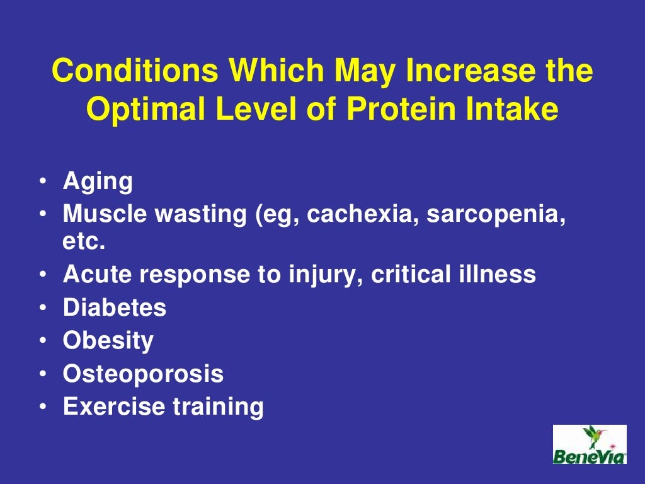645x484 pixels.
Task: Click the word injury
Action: pyautogui.click(x=324, y=275)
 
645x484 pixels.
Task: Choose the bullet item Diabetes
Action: pyautogui.click(x=115, y=308)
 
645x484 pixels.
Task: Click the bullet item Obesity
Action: pyautogui.click(x=108, y=341)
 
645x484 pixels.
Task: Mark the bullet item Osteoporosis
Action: pyautogui.click(x=143, y=374)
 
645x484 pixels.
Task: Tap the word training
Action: pyautogui.click(x=218, y=407)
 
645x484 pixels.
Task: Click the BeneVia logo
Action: pyautogui.click(x=590, y=444)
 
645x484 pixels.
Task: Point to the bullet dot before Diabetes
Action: pyautogui.click(x=42, y=308)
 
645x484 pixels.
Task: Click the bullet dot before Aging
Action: pyautogui.click(x=42, y=182)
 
